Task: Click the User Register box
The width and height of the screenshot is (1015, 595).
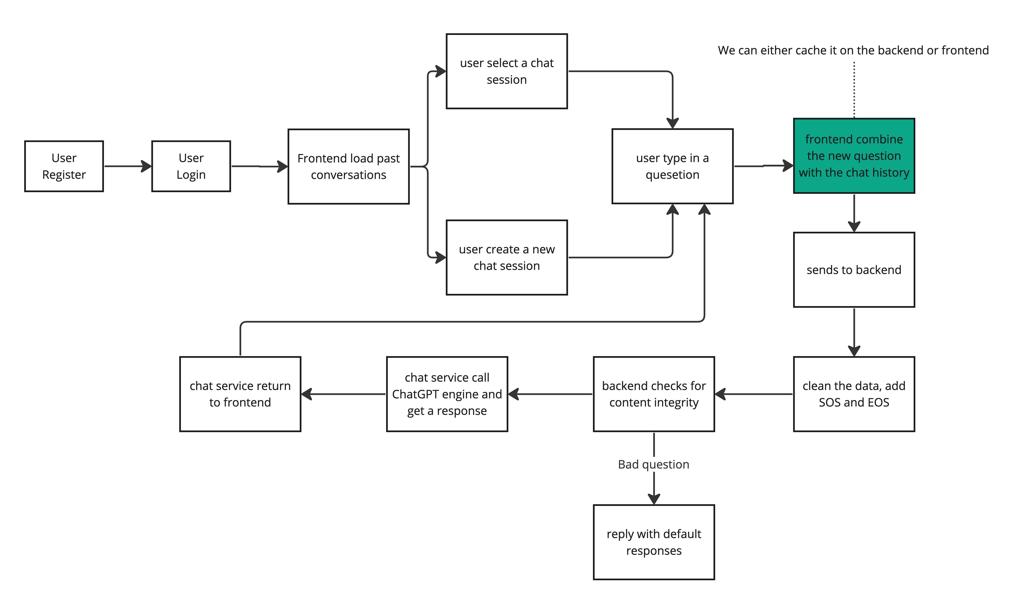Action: coord(64,166)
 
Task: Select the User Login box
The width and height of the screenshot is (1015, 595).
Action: coord(191,166)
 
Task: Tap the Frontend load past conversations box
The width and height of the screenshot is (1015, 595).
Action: coord(348,166)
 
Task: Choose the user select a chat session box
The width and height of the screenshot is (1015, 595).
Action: coord(507,71)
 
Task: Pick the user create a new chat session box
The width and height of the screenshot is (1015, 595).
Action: coord(507,257)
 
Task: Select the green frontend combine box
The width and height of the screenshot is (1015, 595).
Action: coord(854,156)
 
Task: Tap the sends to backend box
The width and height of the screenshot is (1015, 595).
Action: coord(854,270)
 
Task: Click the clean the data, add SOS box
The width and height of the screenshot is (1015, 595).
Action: coord(854,394)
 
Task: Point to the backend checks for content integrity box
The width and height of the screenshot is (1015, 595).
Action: coord(654,394)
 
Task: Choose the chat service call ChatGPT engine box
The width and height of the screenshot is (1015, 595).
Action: coord(447,394)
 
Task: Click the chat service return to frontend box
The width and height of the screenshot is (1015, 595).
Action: coord(240,394)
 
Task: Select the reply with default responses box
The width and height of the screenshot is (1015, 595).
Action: coord(654,542)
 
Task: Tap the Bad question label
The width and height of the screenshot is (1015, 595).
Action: coord(653,464)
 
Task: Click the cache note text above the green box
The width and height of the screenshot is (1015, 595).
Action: coord(853,50)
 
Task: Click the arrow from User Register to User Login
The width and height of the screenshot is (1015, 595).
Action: coord(128,166)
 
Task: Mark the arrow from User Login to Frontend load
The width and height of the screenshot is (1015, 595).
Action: coord(259,166)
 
